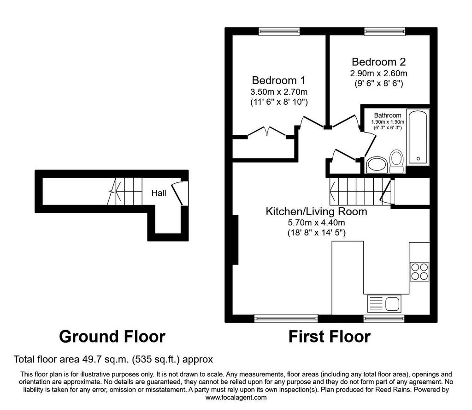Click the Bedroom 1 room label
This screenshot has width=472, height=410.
278,80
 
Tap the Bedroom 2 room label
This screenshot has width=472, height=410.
379,62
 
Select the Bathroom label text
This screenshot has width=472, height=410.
387,115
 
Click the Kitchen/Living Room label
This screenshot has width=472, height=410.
316,211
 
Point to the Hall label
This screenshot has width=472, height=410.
159,193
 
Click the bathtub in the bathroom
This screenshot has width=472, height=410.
418,137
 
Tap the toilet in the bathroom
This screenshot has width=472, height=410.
396,161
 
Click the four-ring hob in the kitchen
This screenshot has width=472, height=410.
419,271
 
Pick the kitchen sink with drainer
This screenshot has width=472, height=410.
384,304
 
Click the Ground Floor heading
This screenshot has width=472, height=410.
112,337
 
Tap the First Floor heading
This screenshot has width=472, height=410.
330,337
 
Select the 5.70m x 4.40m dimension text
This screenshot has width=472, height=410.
316,223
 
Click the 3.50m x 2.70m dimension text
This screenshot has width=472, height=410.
279,91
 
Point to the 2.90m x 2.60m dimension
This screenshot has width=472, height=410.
379,73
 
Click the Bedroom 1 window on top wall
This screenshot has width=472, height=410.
279,31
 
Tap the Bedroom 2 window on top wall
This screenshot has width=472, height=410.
385,31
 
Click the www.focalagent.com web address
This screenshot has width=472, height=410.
236,398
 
